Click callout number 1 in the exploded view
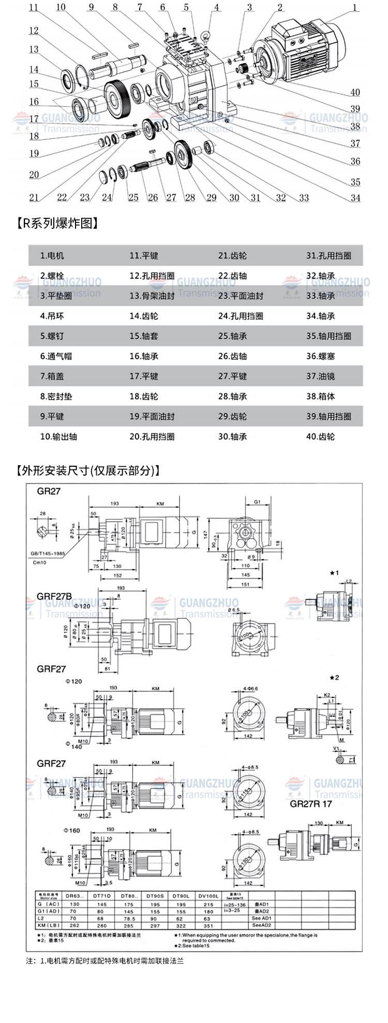tap(355, 7)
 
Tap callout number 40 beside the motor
tap(355, 93)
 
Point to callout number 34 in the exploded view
tap(355, 198)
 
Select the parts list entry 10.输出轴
tap(58, 436)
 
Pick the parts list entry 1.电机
tap(52, 256)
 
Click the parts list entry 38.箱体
tap(319, 396)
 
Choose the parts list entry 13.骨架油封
tap(152, 296)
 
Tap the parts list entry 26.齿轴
tap(232, 356)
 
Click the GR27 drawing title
tap(49, 491)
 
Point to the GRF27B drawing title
tap(54, 596)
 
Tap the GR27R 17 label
tap(310, 804)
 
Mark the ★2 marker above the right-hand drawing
tap(334, 677)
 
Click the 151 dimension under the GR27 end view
tap(245, 585)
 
